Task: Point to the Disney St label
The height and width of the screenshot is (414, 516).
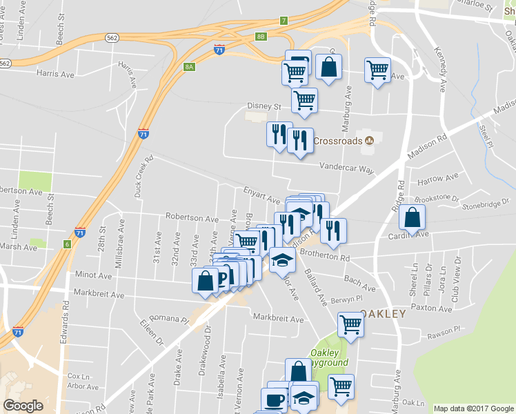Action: (265, 107)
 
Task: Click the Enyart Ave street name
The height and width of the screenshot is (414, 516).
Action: (261, 194)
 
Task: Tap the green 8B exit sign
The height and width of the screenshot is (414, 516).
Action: (260, 36)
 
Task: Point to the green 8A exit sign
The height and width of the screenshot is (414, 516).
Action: (189, 66)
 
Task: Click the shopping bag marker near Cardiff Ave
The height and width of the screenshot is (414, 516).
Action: (412, 217)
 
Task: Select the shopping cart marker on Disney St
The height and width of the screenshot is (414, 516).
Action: (304, 101)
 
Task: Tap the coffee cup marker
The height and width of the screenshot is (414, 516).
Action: (274, 400)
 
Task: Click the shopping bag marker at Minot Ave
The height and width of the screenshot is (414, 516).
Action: (206, 280)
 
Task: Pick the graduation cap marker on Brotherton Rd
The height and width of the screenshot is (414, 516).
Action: (282, 260)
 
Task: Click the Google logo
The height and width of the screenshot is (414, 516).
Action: (23, 406)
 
